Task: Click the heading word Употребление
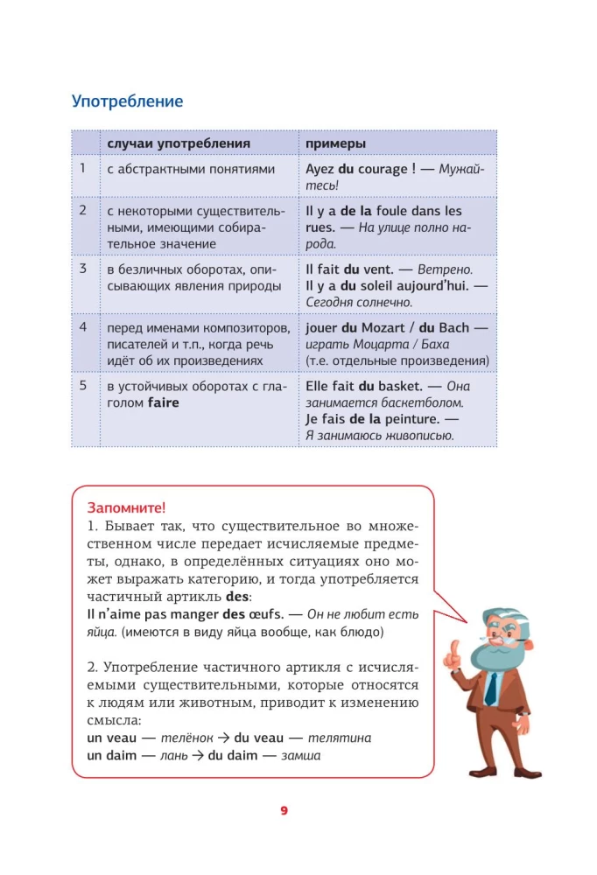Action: (x=127, y=101)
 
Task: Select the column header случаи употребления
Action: (x=179, y=143)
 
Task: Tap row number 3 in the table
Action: (x=83, y=269)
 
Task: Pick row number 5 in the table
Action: (x=83, y=385)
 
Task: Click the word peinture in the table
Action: (x=412, y=419)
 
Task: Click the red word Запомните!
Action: (x=126, y=508)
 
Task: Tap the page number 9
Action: (x=284, y=810)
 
